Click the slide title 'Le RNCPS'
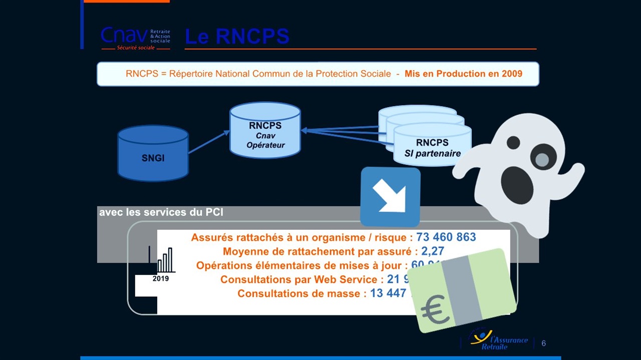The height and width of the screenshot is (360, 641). click(237, 37)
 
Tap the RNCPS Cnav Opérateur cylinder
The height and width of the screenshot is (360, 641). click(265, 131)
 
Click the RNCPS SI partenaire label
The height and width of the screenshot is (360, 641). click(432, 148)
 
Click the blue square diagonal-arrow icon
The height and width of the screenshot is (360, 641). click(390, 197)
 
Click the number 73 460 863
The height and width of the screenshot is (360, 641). click(446, 237)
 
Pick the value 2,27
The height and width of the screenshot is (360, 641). click(432, 251)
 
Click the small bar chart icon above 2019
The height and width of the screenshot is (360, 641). click(165, 260)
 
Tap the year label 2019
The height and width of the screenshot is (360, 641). click(160, 278)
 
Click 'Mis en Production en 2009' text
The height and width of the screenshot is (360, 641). click(463, 74)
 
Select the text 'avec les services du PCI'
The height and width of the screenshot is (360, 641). click(161, 212)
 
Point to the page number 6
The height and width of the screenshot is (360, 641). click(543, 343)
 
